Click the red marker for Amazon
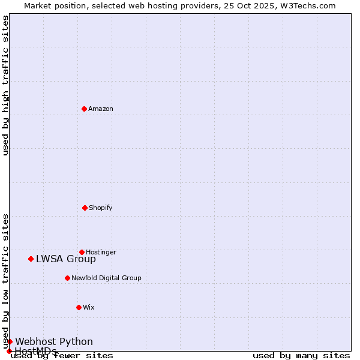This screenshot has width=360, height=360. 84,109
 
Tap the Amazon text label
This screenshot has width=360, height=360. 101,109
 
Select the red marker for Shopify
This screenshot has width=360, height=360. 85,208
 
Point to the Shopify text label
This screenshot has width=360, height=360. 101,208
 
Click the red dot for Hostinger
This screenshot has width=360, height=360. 82,252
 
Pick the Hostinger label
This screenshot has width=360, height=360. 101,253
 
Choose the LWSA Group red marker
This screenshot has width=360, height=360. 31,259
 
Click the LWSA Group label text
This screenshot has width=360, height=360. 66,259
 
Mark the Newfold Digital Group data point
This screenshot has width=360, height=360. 67,278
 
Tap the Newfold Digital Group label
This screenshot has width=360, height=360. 106,278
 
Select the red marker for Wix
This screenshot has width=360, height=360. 79,307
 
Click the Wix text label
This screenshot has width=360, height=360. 89,308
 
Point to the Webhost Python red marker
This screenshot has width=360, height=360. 10,341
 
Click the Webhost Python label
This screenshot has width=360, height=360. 54,342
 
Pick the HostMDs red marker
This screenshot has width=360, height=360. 9,351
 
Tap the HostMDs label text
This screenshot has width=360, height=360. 35,351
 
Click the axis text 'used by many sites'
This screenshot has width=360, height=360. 301,356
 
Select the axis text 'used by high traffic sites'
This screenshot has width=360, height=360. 6,85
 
